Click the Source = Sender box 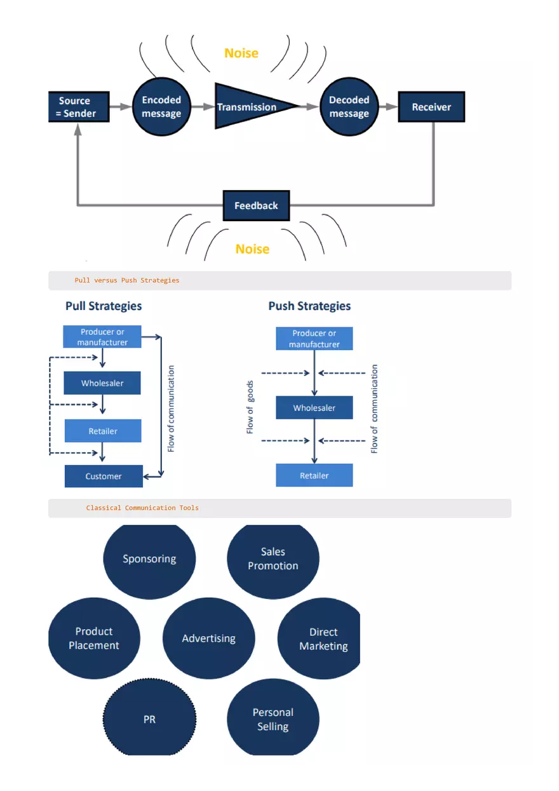(x=79, y=107)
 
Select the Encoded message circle (x=161, y=107)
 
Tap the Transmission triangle (x=249, y=106)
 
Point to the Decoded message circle (x=349, y=107)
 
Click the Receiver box (x=431, y=107)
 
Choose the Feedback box (x=256, y=206)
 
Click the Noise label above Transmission (x=241, y=53)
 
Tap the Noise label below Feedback (x=252, y=249)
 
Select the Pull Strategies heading (x=104, y=306)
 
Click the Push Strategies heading (x=309, y=306)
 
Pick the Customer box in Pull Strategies (x=104, y=477)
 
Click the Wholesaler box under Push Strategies (x=314, y=408)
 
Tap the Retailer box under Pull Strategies (x=103, y=431)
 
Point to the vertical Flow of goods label (x=250, y=407)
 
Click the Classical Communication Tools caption (x=142, y=508)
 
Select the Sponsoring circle (x=149, y=559)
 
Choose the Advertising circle (x=208, y=639)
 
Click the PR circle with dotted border (x=149, y=719)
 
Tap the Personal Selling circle (x=273, y=719)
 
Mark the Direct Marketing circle (x=320, y=639)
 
